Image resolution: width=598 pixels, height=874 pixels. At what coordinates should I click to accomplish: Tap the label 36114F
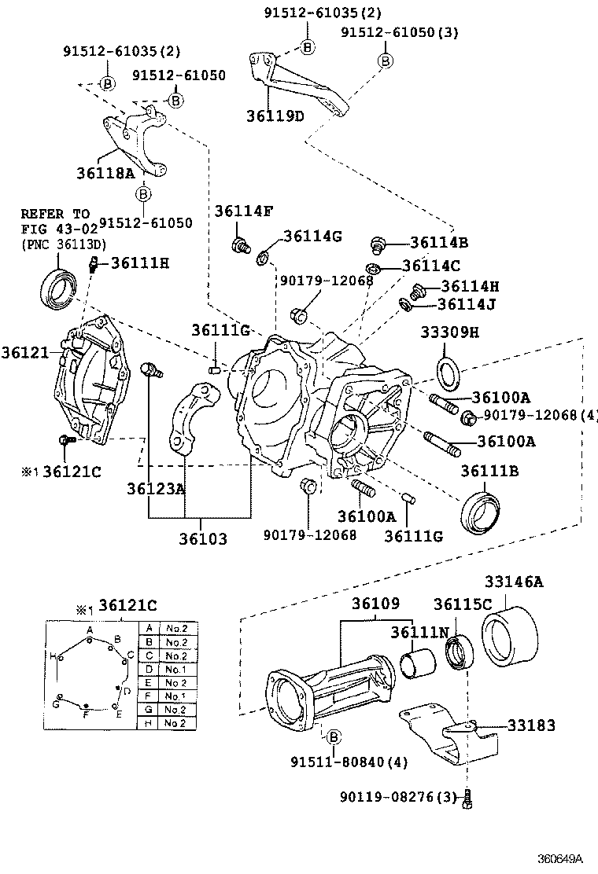tap(244, 211)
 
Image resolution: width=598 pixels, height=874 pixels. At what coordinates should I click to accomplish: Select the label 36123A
tap(156, 489)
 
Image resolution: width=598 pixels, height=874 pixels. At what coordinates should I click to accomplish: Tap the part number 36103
tap(202, 539)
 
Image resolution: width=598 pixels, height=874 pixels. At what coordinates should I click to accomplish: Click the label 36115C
tap(463, 604)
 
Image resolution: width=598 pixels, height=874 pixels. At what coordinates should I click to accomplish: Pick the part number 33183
tap(531, 725)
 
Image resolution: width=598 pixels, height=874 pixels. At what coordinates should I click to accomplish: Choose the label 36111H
tap(139, 263)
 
